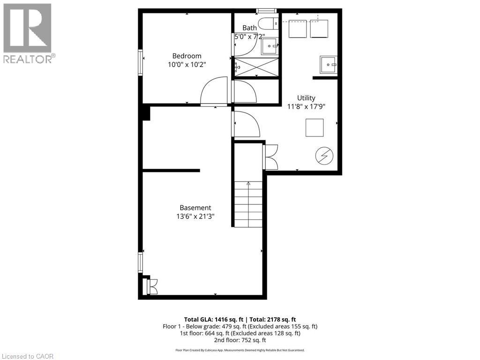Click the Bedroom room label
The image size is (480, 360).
click(187, 56)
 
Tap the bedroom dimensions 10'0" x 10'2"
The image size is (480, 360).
click(187, 65)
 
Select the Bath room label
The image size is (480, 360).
click(249, 28)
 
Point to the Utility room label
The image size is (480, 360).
click(306, 97)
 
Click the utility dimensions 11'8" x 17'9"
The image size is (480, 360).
click(306, 106)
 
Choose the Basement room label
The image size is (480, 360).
click(195, 208)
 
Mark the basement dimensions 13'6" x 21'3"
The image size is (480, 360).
click(195, 217)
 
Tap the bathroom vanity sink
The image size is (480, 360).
click(270, 45)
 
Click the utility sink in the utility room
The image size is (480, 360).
click(328, 64)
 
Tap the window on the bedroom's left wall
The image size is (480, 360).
click(140, 62)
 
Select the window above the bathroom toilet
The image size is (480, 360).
click(266, 11)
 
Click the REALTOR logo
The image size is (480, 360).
click(28, 33)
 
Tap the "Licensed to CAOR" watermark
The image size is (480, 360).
click(27, 356)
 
